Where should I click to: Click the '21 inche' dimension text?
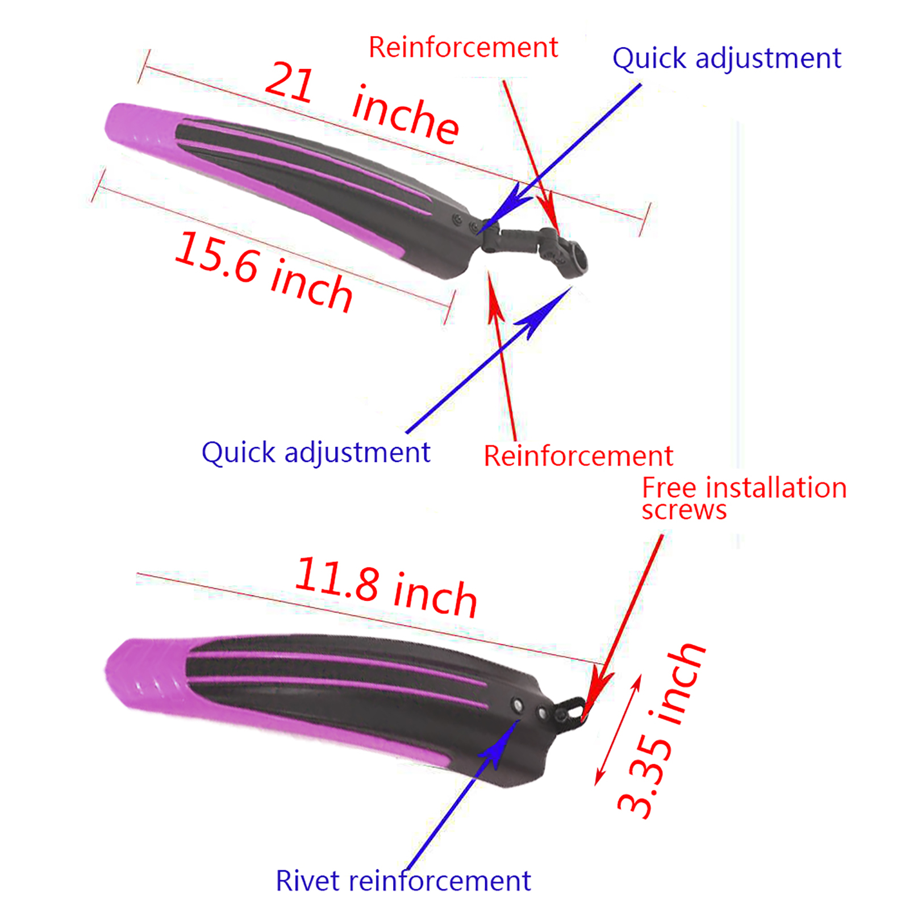pos(362,102)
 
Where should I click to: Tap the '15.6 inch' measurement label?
pos(264,272)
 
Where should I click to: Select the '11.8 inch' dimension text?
pos(386,587)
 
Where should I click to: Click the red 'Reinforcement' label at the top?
pos(463,47)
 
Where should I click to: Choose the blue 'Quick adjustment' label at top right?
pos(726,59)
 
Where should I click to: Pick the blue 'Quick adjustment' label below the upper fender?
pos(316,453)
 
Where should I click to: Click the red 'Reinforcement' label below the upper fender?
pos(578,456)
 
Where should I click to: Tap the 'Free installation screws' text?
pos(743,498)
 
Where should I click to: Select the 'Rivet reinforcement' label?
pos(403,881)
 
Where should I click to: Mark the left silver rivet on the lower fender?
pos(517,706)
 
